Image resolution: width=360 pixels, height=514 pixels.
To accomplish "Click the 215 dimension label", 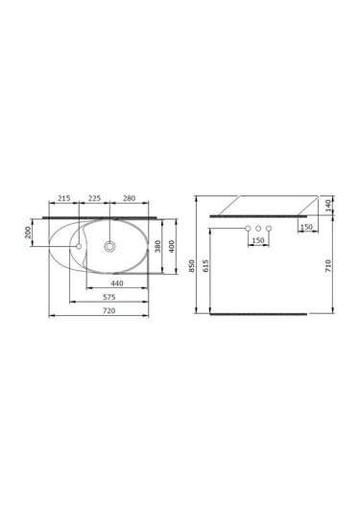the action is (x=64, y=198).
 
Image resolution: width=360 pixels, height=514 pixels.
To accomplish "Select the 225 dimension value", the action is (x=94, y=198).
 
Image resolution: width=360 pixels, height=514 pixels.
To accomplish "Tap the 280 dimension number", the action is (x=129, y=198).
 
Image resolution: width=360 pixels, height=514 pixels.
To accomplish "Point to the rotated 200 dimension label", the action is (x=28, y=233).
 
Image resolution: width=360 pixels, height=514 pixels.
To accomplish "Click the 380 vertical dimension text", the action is (x=157, y=246).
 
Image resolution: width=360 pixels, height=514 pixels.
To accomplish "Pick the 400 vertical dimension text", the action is (x=172, y=246).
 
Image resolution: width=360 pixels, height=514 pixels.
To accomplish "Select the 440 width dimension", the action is (x=117, y=283).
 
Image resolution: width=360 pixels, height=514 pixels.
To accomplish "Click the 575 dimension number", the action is (x=109, y=297).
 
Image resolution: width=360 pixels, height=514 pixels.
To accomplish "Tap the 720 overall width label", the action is (x=109, y=310).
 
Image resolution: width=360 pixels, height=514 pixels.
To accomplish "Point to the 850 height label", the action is (x=192, y=265).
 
